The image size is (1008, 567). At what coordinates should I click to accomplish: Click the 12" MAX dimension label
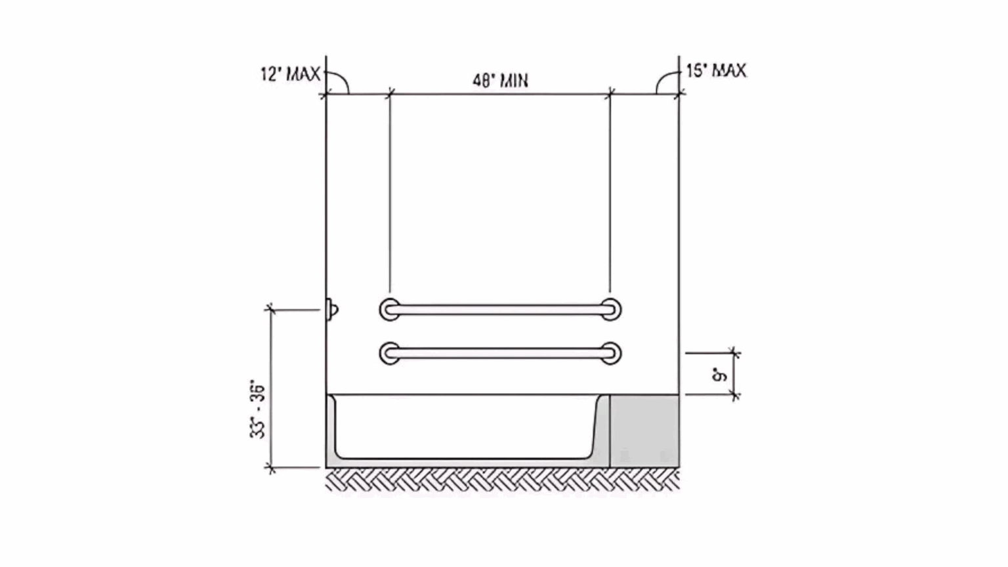pyautogui.click(x=290, y=73)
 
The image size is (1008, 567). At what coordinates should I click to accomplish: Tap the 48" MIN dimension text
pyautogui.click(x=500, y=81)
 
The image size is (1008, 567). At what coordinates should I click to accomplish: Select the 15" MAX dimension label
pyautogui.click(x=716, y=70)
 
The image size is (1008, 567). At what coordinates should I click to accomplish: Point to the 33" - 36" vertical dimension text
pyautogui.click(x=258, y=409)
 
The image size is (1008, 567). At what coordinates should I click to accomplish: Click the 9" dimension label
pyautogui.click(x=720, y=375)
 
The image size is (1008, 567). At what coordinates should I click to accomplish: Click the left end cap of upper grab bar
pyautogui.click(x=390, y=310)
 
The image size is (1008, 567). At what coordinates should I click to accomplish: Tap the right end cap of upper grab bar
pyautogui.click(x=610, y=310)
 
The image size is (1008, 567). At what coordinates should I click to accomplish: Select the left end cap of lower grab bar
pyautogui.click(x=390, y=353)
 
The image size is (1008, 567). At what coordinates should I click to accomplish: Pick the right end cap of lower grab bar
pyautogui.click(x=610, y=353)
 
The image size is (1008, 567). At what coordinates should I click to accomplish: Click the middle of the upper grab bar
pyautogui.click(x=500, y=310)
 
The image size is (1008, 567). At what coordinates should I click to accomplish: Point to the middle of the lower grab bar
pyautogui.click(x=500, y=353)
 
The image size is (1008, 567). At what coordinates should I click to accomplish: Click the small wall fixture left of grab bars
pyautogui.click(x=332, y=309)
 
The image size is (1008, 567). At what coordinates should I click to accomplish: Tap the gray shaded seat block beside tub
pyautogui.click(x=644, y=430)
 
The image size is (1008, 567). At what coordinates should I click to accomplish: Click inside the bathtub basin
pyautogui.click(x=466, y=427)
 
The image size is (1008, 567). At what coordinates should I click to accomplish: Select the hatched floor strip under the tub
pyautogui.click(x=502, y=480)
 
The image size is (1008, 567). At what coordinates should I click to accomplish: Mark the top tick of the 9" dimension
pyautogui.click(x=734, y=353)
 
